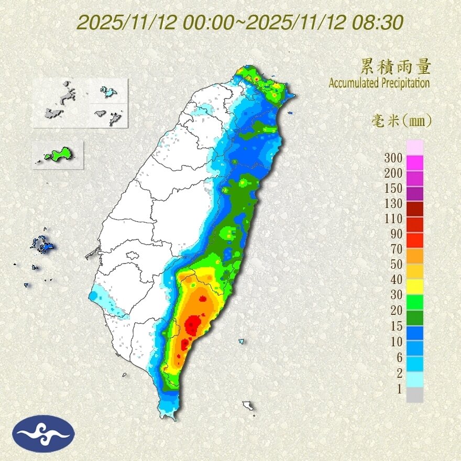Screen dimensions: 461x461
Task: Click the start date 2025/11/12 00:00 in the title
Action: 159,23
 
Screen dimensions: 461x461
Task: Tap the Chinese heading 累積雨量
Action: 396,67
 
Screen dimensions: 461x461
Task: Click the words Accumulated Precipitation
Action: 379,83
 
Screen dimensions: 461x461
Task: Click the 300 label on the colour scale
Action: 393,158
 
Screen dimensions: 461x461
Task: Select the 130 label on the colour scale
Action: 393,203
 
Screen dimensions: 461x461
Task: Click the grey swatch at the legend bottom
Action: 415,395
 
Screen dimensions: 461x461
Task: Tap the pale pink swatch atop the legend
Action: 415,147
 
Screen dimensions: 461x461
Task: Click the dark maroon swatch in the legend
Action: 415,209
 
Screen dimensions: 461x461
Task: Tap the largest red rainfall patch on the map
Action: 193,325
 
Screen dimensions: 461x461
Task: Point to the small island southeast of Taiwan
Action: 248,406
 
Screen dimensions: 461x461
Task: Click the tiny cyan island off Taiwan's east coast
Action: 242,342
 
